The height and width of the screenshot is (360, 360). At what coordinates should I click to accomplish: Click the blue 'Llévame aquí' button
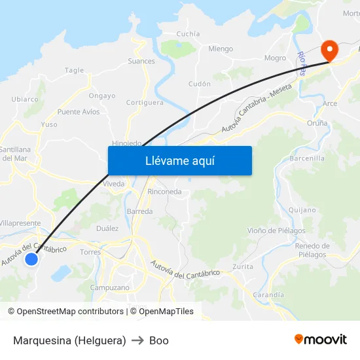coord(179,160)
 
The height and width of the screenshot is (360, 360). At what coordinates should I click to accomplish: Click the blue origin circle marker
coord(31,260)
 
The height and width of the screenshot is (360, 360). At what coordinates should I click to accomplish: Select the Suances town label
coord(141,62)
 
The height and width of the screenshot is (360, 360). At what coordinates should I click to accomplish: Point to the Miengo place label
coord(221,48)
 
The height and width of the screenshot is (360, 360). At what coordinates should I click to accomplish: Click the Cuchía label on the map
coord(188,33)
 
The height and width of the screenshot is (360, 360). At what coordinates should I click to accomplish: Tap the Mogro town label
coord(275,58)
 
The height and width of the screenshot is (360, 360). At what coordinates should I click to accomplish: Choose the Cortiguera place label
coord(145,103)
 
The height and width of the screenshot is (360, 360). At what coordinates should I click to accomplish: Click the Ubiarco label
coord(25,99)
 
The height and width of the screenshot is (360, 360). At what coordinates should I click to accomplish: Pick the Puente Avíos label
coord(79,112)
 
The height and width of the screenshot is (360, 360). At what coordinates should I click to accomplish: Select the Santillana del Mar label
coord(14,154)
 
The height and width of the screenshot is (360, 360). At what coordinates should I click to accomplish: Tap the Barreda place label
coord(139,211)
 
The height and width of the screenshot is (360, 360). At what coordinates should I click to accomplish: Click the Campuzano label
coord(109,287)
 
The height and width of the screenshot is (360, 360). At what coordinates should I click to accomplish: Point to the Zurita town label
coord(243,267)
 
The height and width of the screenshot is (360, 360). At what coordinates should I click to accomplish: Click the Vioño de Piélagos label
coord(276,230)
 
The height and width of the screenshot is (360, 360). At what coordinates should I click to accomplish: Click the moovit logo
coord(321,340)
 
